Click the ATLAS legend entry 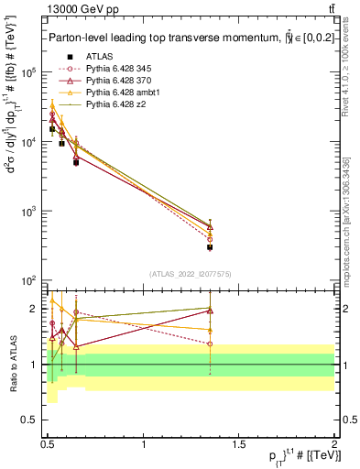(x=97, y=56)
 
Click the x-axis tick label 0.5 (x=48, y=444)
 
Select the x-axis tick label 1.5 (x=239, y=444)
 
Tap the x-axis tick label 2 (x=333, y=444)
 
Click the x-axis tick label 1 (x=144, y=444)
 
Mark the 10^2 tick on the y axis (x=28, y=280)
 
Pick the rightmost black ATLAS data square (x=210, y=247)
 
